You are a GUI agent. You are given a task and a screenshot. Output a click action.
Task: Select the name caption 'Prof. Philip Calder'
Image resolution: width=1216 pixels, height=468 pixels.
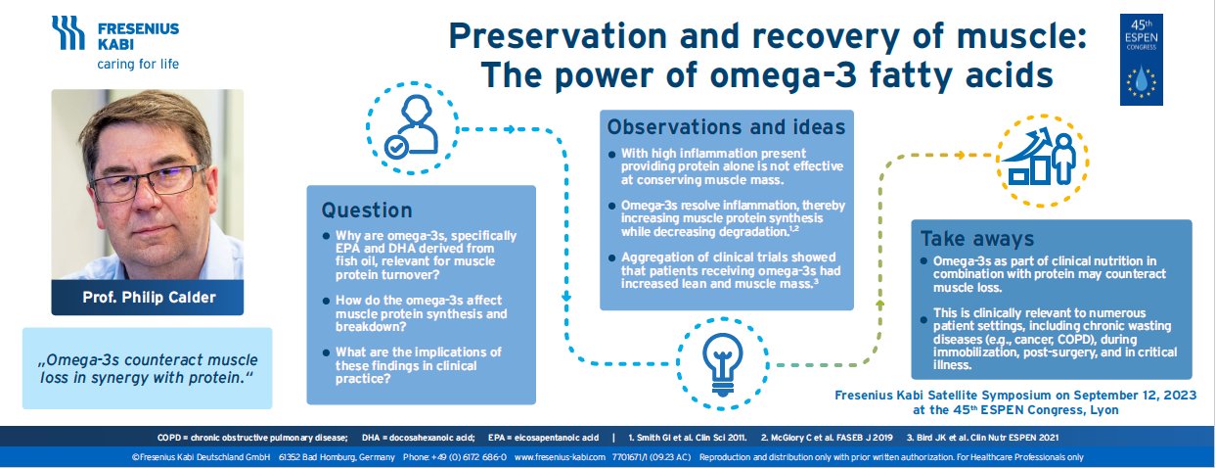148,297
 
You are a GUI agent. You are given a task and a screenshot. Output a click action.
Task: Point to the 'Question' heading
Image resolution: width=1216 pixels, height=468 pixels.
367,210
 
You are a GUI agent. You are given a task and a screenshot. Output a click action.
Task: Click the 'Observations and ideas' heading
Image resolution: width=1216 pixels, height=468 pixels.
726,127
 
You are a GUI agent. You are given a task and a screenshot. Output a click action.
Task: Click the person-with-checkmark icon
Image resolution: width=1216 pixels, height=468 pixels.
410,127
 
